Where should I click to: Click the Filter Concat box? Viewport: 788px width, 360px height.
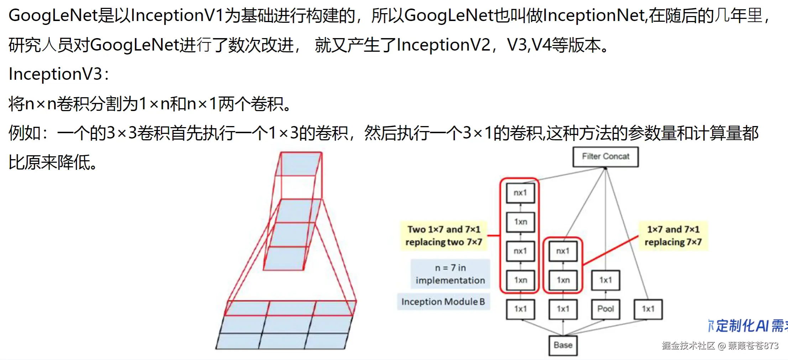pyautogui.click(x=605, y=157)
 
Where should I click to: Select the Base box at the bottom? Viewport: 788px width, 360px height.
pyautogui.click(x=563, y=345)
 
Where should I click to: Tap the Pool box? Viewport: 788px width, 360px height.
pyautogui.click(x=605, y=309)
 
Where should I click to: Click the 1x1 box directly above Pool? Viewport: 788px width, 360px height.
pyautogui.click(x=605, y=280)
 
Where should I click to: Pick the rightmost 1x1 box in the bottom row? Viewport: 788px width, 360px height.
pyautogui.click(x=648, y=309)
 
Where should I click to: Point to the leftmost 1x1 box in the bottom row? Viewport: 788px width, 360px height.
pyautogui.click(x=520, y=309)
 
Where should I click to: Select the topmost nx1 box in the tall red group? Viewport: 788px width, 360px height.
pyautogui.click(x=520, y=193)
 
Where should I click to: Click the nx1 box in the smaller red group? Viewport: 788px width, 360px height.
pyautogui.click(x=563, y=251)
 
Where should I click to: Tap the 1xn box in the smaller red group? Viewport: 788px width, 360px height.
pyautogui.click(x=563, y=280)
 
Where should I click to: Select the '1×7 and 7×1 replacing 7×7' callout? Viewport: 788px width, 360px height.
pyautogui.click(x=673, y=236)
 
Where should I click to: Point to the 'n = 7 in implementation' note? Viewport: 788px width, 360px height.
pyautogui.click(x=450, y=274)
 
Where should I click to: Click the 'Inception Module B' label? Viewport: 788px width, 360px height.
pyautogui.click(x=443, y=302)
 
